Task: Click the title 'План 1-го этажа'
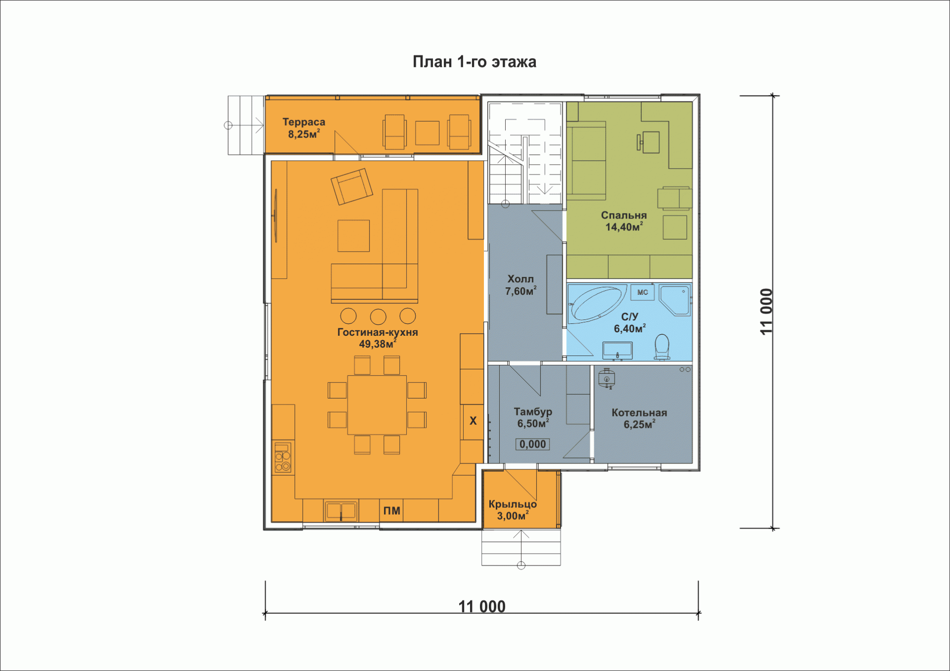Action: [x=475, y=62]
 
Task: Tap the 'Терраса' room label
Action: [x=304, y=122]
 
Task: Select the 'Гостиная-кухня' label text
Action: [x=378, y=332]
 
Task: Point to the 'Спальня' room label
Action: [x=624, y=215]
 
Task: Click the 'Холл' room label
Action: [x=521, y=279]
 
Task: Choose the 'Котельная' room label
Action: [x=639, y=412]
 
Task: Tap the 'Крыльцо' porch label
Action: [x=513, y=504]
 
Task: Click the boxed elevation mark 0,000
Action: [x=533, y=444]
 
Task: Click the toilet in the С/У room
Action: [x=662, y=347]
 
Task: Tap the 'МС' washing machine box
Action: [x=643, y=292]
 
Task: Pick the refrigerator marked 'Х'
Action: [x=473, y=422]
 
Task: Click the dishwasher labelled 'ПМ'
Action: [x=391, y=511]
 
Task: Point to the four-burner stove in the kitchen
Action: [x=283, y=457]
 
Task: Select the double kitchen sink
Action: [x=341, y=511]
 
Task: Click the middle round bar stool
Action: [x=378, y=316]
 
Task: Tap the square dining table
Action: [x=377, y=405]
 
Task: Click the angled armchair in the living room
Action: [x=352, y=186]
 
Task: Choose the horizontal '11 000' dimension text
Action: [x=482, y=606]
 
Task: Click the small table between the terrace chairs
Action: [x=427, y=133]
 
